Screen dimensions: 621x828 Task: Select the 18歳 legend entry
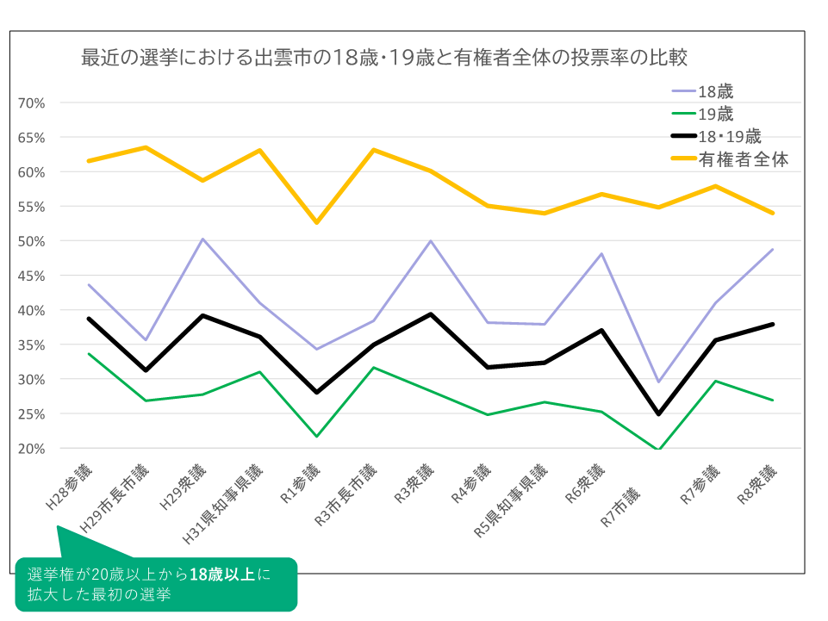tap(715, 90)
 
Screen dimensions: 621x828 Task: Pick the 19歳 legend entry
tap(715, 114)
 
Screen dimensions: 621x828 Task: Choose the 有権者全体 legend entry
tap(743, 159)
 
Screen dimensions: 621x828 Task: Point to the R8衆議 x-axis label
tap(756, 487)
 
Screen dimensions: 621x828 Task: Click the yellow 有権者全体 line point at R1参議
tap(317, 222)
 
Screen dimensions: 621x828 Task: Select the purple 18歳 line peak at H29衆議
tap(202, 239)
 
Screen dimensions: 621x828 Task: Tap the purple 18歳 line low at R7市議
tap(659, 382)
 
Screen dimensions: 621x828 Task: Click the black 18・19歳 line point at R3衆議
tap(431, 314)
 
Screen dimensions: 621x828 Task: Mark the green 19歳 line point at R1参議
tap(317, 436)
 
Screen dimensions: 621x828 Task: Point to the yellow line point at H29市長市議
tap(146, 147)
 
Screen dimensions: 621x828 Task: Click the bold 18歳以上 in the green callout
tap(222, 575)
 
